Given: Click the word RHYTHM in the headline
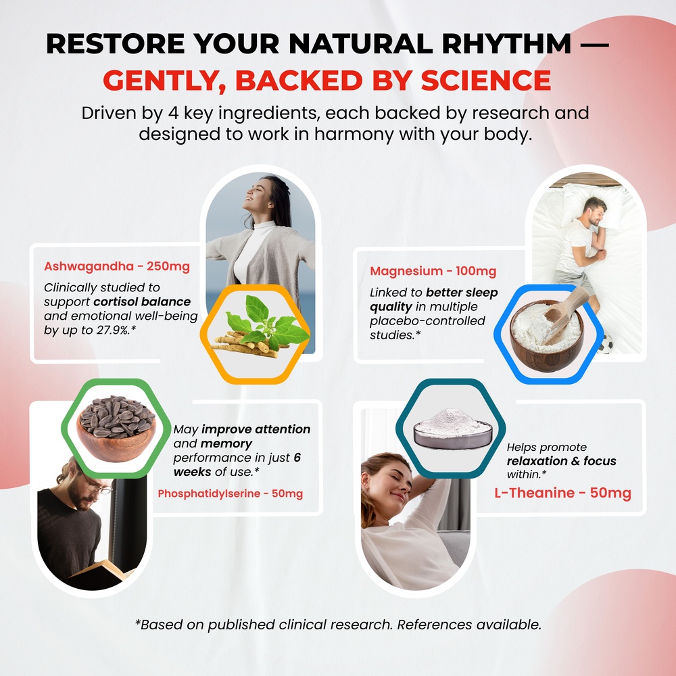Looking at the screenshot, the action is coord(506,44).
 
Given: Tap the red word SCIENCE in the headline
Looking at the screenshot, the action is coord(486,80).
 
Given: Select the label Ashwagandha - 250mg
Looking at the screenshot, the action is coord(117,266).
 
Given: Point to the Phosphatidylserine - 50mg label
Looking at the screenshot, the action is coord(231,493).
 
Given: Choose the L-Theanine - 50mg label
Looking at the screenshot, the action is coord(562,493).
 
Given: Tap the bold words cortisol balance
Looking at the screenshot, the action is coord(142,301).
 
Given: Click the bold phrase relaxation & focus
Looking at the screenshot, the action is coord(561,461).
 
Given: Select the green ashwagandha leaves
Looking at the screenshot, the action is coord(266,321).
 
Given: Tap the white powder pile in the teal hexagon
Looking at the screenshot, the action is coord(452,422).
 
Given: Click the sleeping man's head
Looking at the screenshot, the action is coord(596,210).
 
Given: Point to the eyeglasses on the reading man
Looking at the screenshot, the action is coord(97,487).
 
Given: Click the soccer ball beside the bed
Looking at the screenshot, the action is coord(605,345).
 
